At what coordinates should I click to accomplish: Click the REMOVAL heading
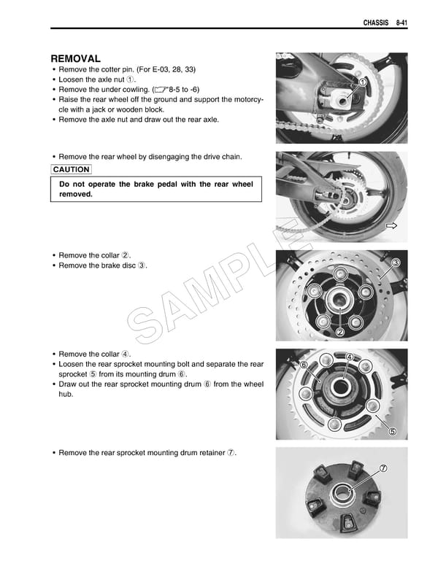tap(75, 58)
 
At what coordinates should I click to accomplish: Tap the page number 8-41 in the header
tap(398, 23)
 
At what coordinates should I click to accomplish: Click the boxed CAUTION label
tap(71, 170)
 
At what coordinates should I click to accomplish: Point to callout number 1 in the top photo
tap(361, 83)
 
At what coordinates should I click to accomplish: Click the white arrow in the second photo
tap(391, 227)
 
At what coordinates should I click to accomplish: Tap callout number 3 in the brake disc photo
tap(396, 263)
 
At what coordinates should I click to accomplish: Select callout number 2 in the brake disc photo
tap(339, 333)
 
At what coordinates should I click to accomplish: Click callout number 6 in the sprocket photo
tap(304, 365)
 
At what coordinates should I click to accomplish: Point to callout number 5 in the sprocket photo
tap(392, 431)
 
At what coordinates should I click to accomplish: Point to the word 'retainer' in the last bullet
tap(207, 453)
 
